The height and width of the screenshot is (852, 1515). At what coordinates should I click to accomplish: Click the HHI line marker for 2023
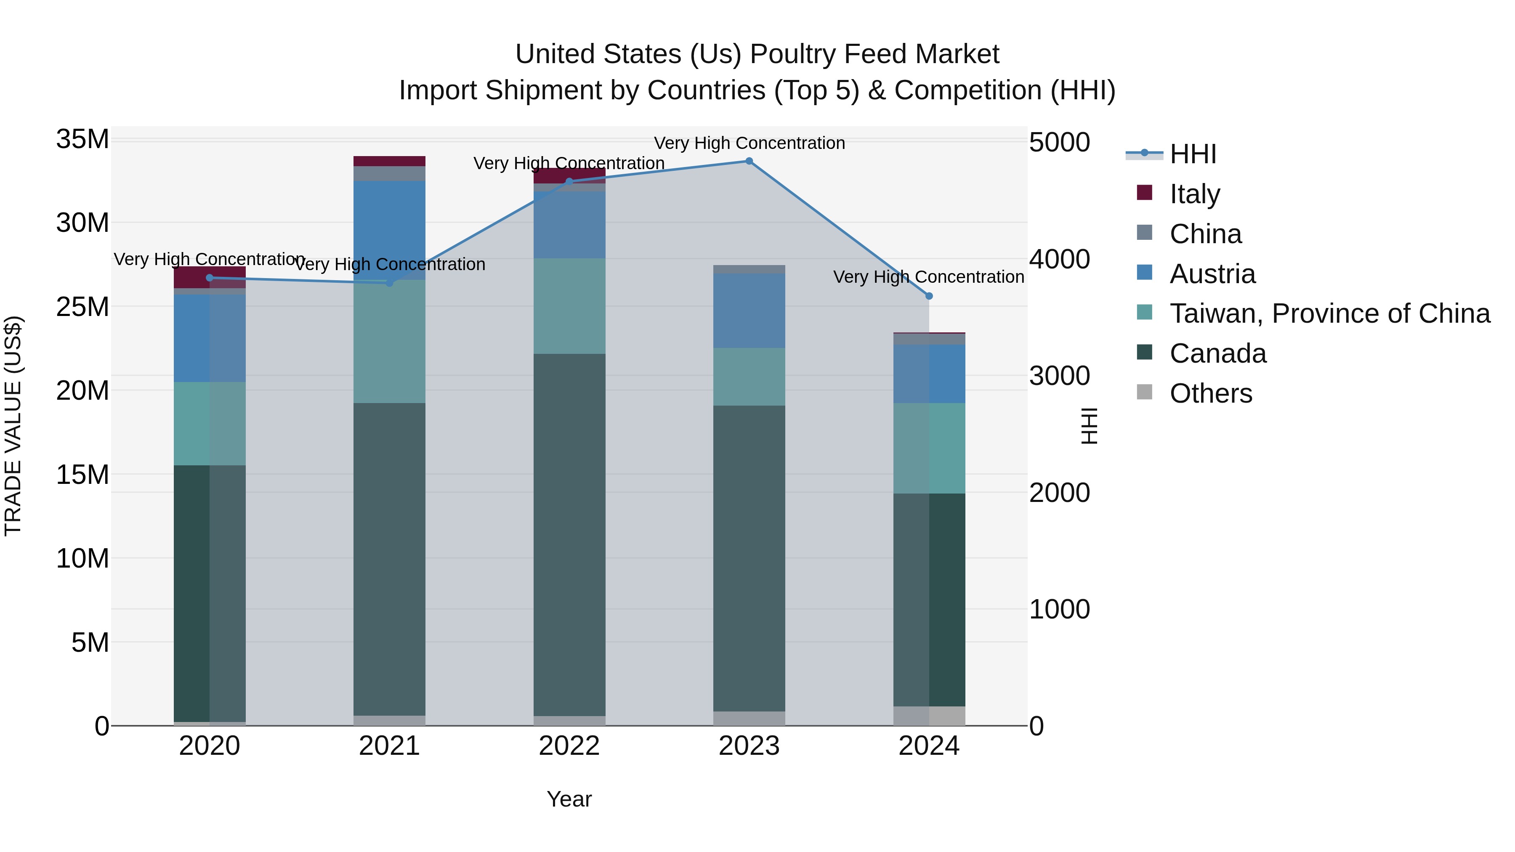tap(749, 161)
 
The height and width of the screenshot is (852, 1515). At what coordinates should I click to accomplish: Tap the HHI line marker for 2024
tap(929, 296)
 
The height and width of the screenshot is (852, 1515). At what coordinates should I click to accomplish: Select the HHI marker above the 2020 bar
tap(210, 278)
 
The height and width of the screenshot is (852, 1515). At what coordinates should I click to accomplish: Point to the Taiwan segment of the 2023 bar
tap(749, 376)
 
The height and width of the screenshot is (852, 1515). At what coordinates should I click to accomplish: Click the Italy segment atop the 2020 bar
tap(210, 277)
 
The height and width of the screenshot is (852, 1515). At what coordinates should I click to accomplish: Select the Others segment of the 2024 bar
tap(929, 716)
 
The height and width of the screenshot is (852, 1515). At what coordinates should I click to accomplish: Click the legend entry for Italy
tap(1194, 194)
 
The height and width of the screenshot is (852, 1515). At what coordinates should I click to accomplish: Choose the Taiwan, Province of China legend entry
tap(1329, 313)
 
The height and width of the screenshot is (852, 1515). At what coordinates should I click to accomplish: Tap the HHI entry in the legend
tap(1192, 154)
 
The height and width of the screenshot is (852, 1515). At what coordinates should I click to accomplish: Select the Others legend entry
tap(1210, 393)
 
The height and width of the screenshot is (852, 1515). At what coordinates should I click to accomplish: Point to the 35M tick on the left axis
tap(82, 140)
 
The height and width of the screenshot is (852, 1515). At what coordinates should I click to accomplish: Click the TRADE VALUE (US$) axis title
tap(13, 426)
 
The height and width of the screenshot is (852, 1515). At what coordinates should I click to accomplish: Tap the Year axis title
tap(569, 799)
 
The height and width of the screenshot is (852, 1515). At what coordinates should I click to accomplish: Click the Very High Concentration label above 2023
tap(749, 143)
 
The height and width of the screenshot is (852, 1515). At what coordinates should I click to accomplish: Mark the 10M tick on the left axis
tap(82, 559)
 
